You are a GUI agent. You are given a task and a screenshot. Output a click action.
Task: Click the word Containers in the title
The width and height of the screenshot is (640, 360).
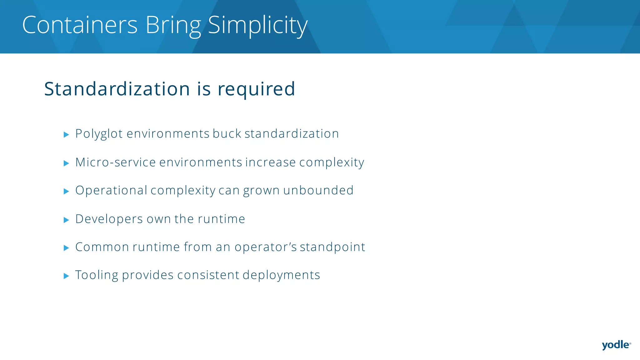[x=80, y=25]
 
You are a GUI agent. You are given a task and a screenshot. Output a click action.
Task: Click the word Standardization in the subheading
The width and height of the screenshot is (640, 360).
[x=117, y=89]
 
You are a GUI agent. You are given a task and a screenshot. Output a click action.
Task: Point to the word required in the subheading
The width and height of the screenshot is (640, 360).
[x=256, y=89]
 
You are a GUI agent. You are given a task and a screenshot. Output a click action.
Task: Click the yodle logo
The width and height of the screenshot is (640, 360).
[x=616, y=345]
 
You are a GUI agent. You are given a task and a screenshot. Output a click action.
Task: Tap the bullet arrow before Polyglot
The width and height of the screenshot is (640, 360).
[x=66, y=135]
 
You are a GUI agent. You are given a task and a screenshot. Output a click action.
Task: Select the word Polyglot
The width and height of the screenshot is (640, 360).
[x=99, y=134]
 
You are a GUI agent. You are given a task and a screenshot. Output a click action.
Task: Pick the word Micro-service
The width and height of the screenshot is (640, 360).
[x=115, y=162]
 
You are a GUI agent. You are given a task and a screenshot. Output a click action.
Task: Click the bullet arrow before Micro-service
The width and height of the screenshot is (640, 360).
[x=66, y=163]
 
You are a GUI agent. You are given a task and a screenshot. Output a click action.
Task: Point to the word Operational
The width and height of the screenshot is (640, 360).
[x=111, y=190]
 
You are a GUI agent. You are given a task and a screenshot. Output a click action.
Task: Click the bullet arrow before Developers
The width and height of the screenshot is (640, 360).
[x=66, y=220]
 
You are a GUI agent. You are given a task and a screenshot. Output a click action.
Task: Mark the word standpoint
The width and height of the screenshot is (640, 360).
[x=332, y=247]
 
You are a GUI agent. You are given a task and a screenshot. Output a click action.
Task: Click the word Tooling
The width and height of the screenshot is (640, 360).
[x=97, y=275]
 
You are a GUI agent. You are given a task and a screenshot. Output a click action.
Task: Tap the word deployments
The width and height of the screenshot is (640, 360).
[x=281, y=275]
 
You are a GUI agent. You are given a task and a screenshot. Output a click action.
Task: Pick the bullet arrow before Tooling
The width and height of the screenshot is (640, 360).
[x=66, y=276]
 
